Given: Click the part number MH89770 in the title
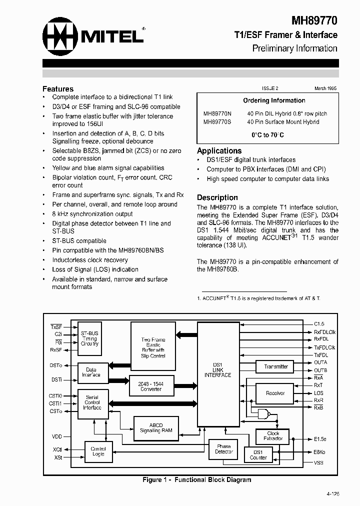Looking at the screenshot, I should click(314, 20).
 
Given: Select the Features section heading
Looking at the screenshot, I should click(58, 88).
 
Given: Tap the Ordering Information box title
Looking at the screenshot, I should click(274, 100).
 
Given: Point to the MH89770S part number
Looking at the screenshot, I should click(217, 121).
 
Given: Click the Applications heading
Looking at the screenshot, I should click(219, 150).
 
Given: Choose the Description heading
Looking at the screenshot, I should click(217, 197).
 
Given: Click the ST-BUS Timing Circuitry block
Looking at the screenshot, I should click(90, 338).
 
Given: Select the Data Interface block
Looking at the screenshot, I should click(91, 372).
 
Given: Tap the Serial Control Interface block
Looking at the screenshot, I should click(92, 402).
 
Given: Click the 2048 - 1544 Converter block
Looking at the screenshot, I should click(151, 386).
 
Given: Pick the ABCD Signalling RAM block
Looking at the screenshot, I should click(156, 428).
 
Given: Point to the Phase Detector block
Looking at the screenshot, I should click(224, 449).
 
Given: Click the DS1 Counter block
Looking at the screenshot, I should click(258, 454).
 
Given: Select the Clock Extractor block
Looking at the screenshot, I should click(273, 436).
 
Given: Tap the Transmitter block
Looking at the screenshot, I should click(276, 366).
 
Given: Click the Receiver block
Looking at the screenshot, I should click(275, 393).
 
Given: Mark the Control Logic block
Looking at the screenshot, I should click(98, 451).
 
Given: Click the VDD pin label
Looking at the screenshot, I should click(56, 436).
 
